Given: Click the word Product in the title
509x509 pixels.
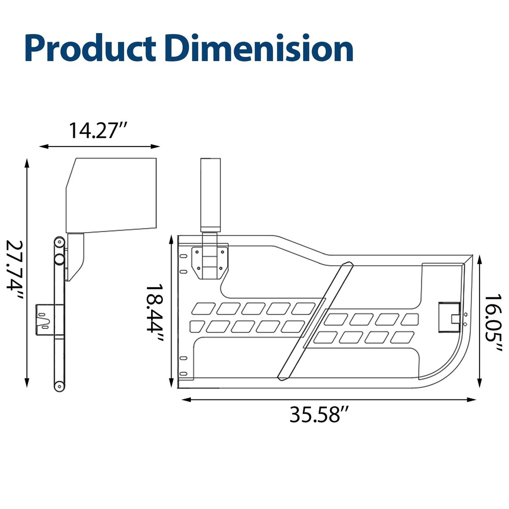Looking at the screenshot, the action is (x=90, y=48).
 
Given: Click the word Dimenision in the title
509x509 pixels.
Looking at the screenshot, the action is (x=259, y=48).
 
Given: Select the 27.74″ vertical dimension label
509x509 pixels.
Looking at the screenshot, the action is (x=15, y=270).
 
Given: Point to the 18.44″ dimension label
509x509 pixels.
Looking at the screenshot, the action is (x=155, y=313).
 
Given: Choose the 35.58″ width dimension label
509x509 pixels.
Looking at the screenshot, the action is (x=319, y=414).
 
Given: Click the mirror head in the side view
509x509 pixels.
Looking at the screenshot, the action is (x=111, y=195).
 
